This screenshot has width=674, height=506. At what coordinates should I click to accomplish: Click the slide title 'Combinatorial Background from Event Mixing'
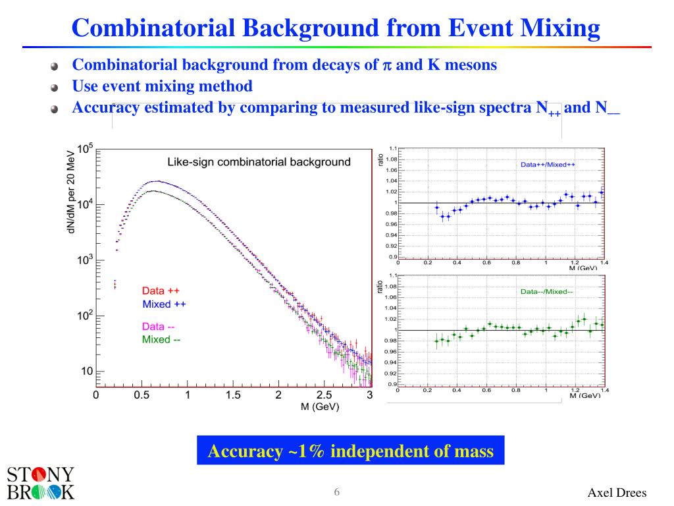coord(336,28)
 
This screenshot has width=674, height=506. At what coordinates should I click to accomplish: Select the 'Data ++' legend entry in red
coord(161,291)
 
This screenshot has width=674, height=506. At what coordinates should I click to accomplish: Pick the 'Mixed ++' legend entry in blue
coord(166,304)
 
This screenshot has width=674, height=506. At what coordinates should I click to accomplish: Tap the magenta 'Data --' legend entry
coord(162,326)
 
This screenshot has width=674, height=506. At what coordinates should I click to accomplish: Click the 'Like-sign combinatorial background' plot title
coord(259,162)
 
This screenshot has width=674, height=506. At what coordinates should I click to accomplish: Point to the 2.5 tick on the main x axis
coord(324,395)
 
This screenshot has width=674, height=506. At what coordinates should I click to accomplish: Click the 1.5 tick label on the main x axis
coord(232,395)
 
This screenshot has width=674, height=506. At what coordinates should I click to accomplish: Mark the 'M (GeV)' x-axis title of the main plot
coord(319,407)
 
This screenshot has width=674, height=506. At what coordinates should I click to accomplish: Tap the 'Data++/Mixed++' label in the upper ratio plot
coord(548,164)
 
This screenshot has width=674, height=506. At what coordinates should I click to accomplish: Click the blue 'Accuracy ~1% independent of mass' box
coord(350,451)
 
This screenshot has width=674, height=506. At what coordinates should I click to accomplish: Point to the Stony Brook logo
coord(40,484)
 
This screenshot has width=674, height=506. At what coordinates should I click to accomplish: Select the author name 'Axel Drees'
coord(617,493)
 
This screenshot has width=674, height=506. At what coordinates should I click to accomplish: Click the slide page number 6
coord(337,493)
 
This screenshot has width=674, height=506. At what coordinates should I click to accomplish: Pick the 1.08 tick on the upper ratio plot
coord(392,159)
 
